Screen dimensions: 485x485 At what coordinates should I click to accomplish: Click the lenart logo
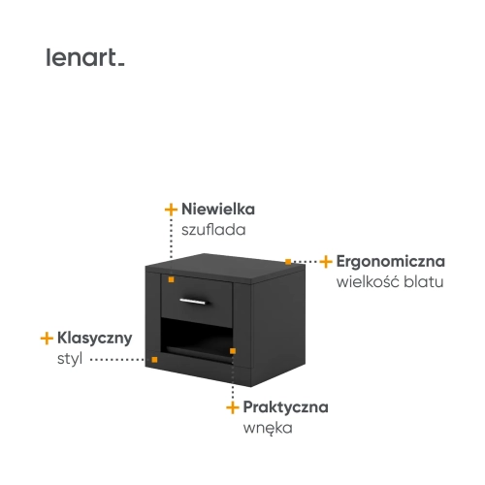tap(85, 57)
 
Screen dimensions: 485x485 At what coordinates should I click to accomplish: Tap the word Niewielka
tap(218, 209)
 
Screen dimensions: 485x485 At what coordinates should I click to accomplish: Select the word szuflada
tap(213, 230)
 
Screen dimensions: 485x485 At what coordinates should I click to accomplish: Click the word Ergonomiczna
tap(391, 262)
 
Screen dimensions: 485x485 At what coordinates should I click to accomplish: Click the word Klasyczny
tap(95, 339)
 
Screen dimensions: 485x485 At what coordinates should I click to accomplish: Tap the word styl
tap(70, 359)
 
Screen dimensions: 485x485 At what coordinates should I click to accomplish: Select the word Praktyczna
tap(285, 407)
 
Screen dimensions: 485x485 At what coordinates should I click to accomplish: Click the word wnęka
tap(268, 429)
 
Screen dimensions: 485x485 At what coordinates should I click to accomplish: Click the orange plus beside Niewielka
tap(171, 210)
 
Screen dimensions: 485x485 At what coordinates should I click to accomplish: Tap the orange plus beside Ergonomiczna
tap(326, 262)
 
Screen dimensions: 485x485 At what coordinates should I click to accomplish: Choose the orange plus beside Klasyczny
tap(47, 339)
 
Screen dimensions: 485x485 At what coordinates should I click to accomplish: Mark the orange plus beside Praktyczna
tap(233, 407)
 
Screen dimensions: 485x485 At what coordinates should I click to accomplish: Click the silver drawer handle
tap(193, 302)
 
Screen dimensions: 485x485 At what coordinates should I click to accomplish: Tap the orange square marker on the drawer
tap(171, 279)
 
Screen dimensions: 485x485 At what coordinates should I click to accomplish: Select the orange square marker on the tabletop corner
tap(288, 262)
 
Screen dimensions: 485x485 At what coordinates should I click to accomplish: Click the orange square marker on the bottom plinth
tap(154, 360)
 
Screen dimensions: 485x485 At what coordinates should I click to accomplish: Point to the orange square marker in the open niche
tap(233, 351)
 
